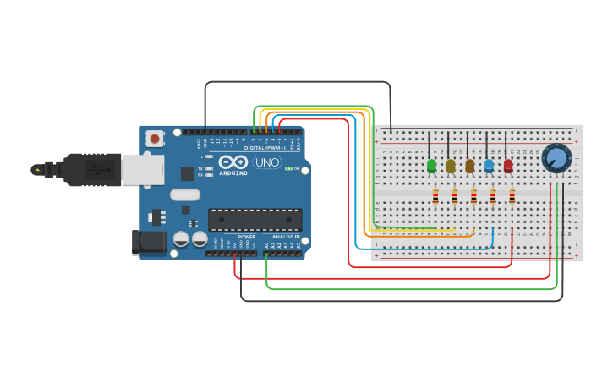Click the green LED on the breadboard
coord(431,166)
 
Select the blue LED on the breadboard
coord(489,166)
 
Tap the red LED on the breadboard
coord(508,166)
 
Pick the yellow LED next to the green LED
coord(451,166)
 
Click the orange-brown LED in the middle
coord(470,166)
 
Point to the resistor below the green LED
coord(435,197)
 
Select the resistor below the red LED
coord(512,197)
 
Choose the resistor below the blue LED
coord(493,197)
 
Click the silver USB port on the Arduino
coord(142,170)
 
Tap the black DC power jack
coord(149,243)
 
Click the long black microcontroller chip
coord(255,220)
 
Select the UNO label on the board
coord(267,162)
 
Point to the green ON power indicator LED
coord(289,169)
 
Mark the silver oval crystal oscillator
coord(185,194)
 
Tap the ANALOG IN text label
coord(285,237)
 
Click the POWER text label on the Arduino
coord(246,237)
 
